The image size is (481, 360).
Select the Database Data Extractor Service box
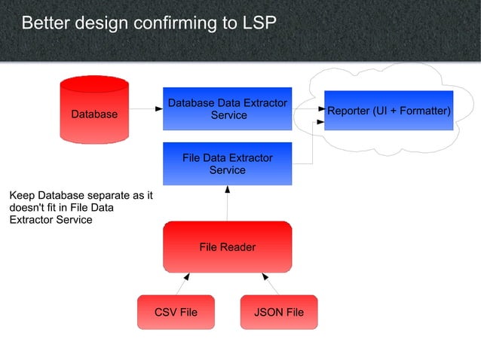[227, 108]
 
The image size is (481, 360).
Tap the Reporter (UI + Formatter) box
[388, 111]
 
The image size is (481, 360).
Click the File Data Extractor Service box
[227, 163]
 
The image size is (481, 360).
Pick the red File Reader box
[227, 246]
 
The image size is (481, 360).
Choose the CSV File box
[176, 312]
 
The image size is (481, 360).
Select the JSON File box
[279, 312]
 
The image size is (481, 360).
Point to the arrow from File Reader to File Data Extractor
[227, 203]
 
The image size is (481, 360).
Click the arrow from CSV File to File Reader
[182, 285]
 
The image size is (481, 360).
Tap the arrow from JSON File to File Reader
[272, 285]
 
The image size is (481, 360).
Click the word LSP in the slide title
[260, 23]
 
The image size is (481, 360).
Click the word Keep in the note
[23, 196]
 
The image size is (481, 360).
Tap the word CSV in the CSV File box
[165, 312]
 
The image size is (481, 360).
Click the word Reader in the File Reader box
[239, 246]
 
